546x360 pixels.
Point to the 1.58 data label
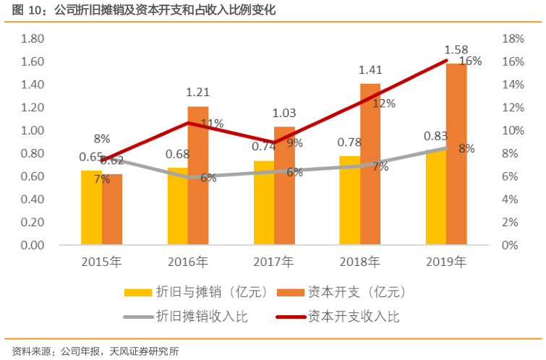(456, 50)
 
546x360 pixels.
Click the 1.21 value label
(197, 93)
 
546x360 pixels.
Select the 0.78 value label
(350, 142)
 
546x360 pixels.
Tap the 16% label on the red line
(471, 61)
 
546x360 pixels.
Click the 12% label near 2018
(384, 103)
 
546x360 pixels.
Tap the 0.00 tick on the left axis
(33, 246)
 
